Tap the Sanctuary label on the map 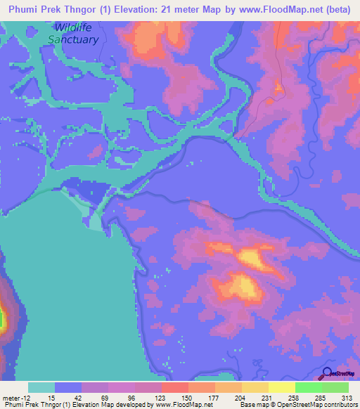pos(72,39)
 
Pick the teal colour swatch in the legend pos(41,387)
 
